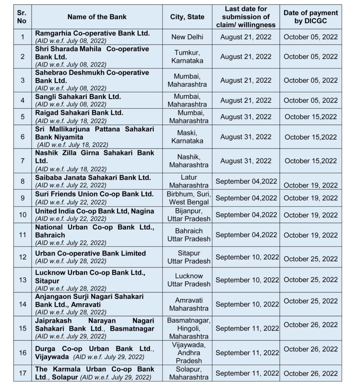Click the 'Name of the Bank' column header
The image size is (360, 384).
pyautogui.click(x=97, y=17)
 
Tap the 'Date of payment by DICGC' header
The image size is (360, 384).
pyautogui.click(x=310, y=17)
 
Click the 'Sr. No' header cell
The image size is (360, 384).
pyautogui.click(x=22, y=17)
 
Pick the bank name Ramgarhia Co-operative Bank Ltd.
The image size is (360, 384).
pyautogui.click(x=92, y=33)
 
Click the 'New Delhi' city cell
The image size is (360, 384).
pyautogui.click(x=187, y=37)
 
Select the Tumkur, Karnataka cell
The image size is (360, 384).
pyautogui.click(x=187, y=56)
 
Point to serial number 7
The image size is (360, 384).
pyautogui.click(x=22, y=160)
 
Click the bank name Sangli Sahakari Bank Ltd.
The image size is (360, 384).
pyautogui.click(x=78, y=96)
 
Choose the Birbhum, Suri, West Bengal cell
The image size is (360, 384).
pyautogui.click(x=189, y=198)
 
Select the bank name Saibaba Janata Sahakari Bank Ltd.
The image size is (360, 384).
pyautogui.click(x=93, y=177)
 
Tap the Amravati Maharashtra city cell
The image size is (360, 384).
pyautogui.click(x=189, y=304)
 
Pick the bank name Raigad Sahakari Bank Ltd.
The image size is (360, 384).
pyautogui.click(x=79, y=112)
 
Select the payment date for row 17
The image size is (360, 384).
pyautogui.click(x=310, y=373)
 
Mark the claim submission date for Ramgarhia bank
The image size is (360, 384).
pyautogui.click(x=246, y=37)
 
